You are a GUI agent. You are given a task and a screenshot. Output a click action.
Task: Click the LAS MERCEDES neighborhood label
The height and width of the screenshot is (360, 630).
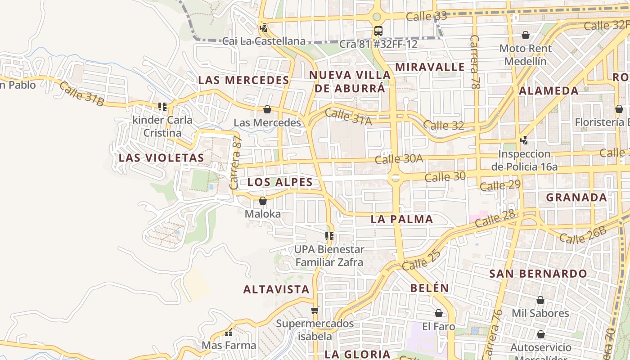click(243, 81)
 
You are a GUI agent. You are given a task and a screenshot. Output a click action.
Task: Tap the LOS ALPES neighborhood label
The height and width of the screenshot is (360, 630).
click(280, 182)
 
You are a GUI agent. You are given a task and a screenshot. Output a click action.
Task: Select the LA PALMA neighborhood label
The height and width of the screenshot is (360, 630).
click(402, 220)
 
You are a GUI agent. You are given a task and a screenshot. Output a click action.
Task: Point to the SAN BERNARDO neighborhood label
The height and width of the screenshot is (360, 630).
click(538, 274)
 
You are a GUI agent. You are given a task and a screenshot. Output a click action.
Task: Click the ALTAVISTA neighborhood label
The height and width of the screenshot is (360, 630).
click(276, 289)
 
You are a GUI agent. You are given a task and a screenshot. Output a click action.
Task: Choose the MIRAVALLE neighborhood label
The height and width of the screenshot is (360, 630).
click(430, 67)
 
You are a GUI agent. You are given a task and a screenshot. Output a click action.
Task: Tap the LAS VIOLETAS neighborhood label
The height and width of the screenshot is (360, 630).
click(161, 158)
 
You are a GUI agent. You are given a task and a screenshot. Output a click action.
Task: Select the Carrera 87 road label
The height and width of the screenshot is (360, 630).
click(236, 163)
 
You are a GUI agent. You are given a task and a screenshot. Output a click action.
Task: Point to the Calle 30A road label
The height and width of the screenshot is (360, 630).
click(399, 158)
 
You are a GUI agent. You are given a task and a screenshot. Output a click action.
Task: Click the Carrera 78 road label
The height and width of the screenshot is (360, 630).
click(474, 61)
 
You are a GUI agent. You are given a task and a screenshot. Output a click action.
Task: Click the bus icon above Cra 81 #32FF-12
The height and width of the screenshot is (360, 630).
click(378, 31)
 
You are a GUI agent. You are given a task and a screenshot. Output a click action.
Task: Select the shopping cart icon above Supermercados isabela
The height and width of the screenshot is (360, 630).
click(315, 310)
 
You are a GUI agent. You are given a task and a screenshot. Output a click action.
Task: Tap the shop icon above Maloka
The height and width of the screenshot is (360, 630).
click(263, 201)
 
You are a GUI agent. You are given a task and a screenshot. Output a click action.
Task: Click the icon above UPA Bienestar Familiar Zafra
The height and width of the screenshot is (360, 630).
click(329, 236)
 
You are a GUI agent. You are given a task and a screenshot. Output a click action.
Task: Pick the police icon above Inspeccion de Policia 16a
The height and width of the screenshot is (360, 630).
click(524, 140)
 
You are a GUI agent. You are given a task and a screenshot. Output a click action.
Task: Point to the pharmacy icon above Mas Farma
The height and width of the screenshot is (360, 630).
click(229, 333)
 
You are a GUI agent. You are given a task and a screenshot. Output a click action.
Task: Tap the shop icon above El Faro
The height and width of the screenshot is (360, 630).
click(439, 313)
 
